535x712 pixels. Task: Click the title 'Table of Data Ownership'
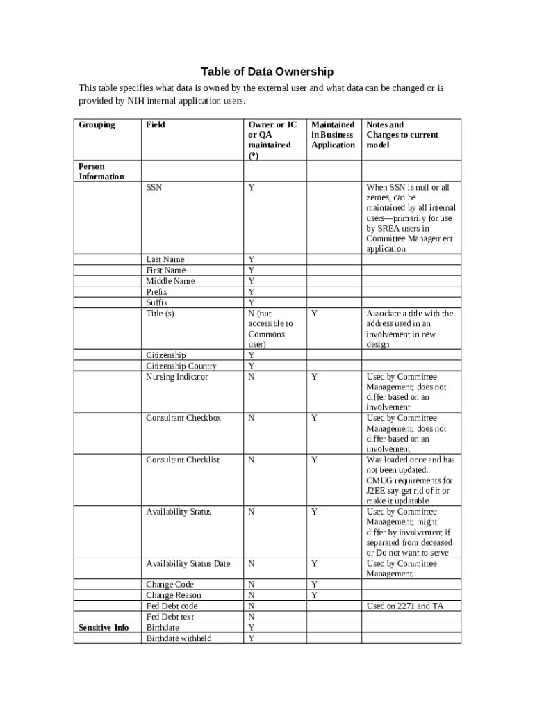267,72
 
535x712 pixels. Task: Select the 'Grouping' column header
97,124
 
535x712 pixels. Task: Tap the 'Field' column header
156,124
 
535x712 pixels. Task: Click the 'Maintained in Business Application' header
333,135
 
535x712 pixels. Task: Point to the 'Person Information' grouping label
101,171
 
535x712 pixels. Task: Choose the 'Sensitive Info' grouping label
104,627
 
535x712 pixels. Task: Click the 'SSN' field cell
154,187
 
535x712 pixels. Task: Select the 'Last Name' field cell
165,259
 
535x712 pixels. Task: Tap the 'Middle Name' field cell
170,281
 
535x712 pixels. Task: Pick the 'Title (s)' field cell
160,314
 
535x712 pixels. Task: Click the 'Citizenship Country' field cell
181,366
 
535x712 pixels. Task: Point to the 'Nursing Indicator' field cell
177,377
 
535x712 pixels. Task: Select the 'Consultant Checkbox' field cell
183,418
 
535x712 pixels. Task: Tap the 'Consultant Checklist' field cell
183,460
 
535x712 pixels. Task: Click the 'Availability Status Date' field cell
188,563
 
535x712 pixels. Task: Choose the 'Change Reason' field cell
174,595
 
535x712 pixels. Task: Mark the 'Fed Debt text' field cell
170,617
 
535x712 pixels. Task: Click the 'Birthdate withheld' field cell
179,638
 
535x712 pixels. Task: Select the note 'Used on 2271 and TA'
404,606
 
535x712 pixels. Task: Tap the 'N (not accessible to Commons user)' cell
271,329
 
